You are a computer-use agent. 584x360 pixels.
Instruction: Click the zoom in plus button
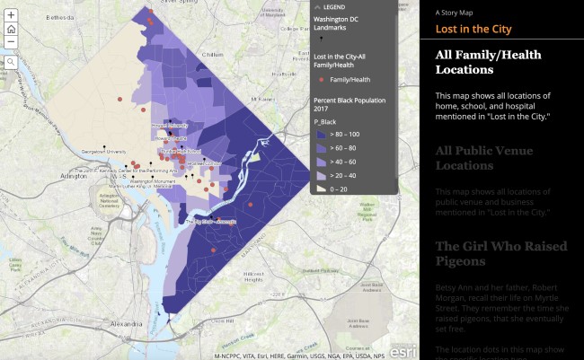click(11, 15)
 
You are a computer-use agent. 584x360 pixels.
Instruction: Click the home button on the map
click(11, 29)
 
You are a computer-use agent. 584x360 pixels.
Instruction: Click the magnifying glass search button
click(11, 61)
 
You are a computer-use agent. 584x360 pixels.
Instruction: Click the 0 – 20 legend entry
click(321, 189)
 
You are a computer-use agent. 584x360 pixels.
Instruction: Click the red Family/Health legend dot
click(321, 80)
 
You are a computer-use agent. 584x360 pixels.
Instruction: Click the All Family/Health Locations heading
click(488, 62)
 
